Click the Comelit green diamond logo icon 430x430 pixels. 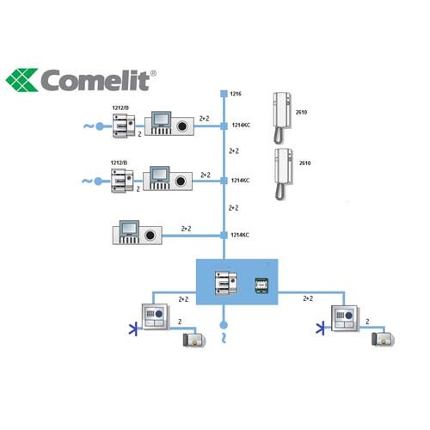[x=22, y=80]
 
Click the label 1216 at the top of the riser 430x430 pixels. [x=236, y=94]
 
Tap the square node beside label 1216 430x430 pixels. [x=224, y=94]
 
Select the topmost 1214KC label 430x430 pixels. [x=241, y=125]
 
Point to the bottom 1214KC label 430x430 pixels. [x=240, y=235]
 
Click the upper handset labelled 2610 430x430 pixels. [x=282, y=118]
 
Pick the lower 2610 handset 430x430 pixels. [x=284, y=174]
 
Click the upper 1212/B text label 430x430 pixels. [x=120, y=107]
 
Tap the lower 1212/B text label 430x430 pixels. [x=119, y=163]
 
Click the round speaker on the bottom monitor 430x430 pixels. [x=150, y=235]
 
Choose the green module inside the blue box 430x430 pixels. [x=261, y=286]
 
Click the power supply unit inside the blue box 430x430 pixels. [x=226, y=283]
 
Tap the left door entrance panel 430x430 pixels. [x=155, y=316]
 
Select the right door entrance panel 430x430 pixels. [x=345, y=318]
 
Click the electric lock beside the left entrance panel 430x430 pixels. [x=194, y=340]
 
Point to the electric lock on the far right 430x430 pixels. [x=383, y=339]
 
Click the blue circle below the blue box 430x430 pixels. [x=224, y=325]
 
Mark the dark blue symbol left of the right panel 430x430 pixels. [x=321, y=329]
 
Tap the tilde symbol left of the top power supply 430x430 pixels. [x=89, y=126]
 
